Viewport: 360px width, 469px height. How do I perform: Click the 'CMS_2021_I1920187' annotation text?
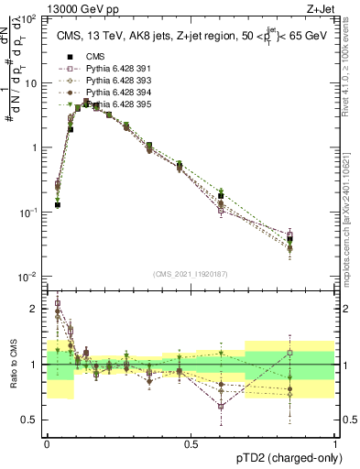[190, 274]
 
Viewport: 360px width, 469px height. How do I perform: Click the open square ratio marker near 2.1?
[58, 303]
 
